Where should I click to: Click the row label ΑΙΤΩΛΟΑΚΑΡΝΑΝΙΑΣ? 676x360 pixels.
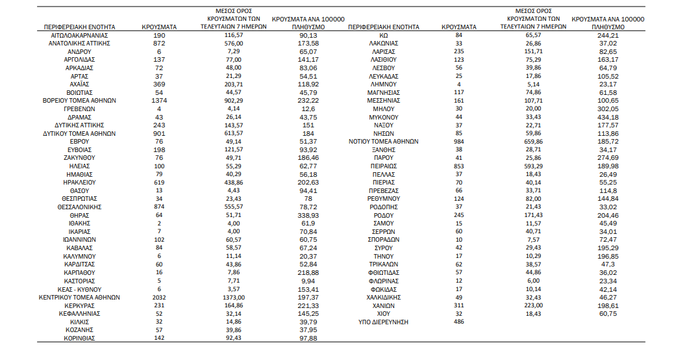pyautogui.click(x=79, y=34)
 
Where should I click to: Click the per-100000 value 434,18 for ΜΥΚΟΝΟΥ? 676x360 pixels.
pyautogui.click(x=608, y=116)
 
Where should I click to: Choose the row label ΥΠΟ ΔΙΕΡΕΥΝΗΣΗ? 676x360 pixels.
pyautogui.click(x=384, y=322)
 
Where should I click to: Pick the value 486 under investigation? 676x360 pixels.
pyautogui.click(x=458, y=322)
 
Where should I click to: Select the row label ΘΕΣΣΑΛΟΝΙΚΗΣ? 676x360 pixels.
pyautogui.click(x=79, y=207)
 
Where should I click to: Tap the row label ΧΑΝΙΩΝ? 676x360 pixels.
pyautogui.click(x=384, y=305)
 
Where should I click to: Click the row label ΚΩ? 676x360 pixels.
pyautogui.click(x=384, y=34)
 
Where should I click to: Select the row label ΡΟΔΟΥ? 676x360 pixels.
pyautogui.click(x=384, y=215)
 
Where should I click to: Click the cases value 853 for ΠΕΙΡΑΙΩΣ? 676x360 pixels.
pyautogui.click(x=458, y=166)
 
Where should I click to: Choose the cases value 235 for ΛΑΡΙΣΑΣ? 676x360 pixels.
pyautogui.click(x=458, y=51)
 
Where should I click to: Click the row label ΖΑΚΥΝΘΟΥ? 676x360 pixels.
pyautogui.click(x=79, y=157)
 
